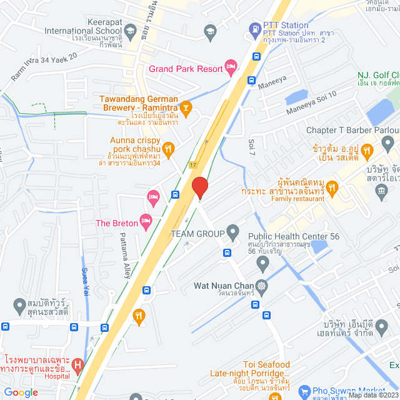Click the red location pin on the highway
tap(199, 187)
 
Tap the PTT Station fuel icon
tap(255, 28)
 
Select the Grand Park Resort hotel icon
tap(231, 65)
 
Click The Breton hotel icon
tap(146, 220)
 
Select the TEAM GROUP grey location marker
tap(232, 233)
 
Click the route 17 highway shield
tap(193, 164)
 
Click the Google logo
tap(21, 392)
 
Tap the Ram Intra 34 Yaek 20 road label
tap(44, 66)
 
